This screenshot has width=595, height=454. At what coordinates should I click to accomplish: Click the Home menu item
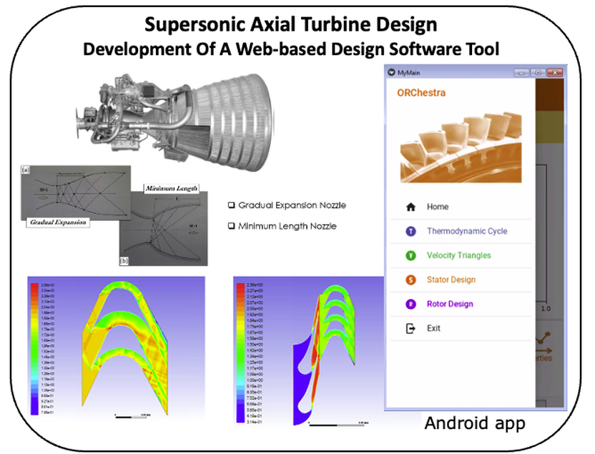pyautogui.click(x=438, y=207)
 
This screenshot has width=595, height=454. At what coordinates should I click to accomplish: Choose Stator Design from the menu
pyautogui.click(x=451, y=280)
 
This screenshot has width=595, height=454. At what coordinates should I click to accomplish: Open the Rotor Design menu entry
pyautogui.click(x=450, y=304)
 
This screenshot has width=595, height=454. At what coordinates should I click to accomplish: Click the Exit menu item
pyautogui.click(x=433, y=328)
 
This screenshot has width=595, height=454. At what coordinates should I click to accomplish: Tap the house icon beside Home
pyautogui.click(x=410, y=207)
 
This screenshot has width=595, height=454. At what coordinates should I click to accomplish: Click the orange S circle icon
pyautogui.click(x=410, y=280)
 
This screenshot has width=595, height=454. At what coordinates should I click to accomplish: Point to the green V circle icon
pyautogui.click(x=410, y=255)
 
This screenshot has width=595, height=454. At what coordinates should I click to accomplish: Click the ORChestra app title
pyautogui.click(x=421, y=93)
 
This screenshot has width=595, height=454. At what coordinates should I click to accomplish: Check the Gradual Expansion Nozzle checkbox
pyautogui.click(x=231, y=205)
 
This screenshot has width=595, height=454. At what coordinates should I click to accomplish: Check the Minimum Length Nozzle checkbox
pyautogui.click(x=231, y=225)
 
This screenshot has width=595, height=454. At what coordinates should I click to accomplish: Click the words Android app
pyautogui.click(x=475, y=423)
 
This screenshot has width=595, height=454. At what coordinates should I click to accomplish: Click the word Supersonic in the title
pyautogui.click(x=187, y=24)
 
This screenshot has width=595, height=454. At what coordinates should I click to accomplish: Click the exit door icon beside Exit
pyautogui.click(x=410, y=328)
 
